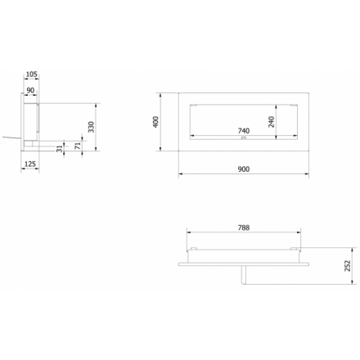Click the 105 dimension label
32,74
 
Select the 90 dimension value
30,90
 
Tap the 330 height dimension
92,127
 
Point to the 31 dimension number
60,149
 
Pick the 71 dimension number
78,146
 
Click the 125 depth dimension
30,164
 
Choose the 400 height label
155,122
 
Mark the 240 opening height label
272,122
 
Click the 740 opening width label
244,131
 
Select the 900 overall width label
244,169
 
